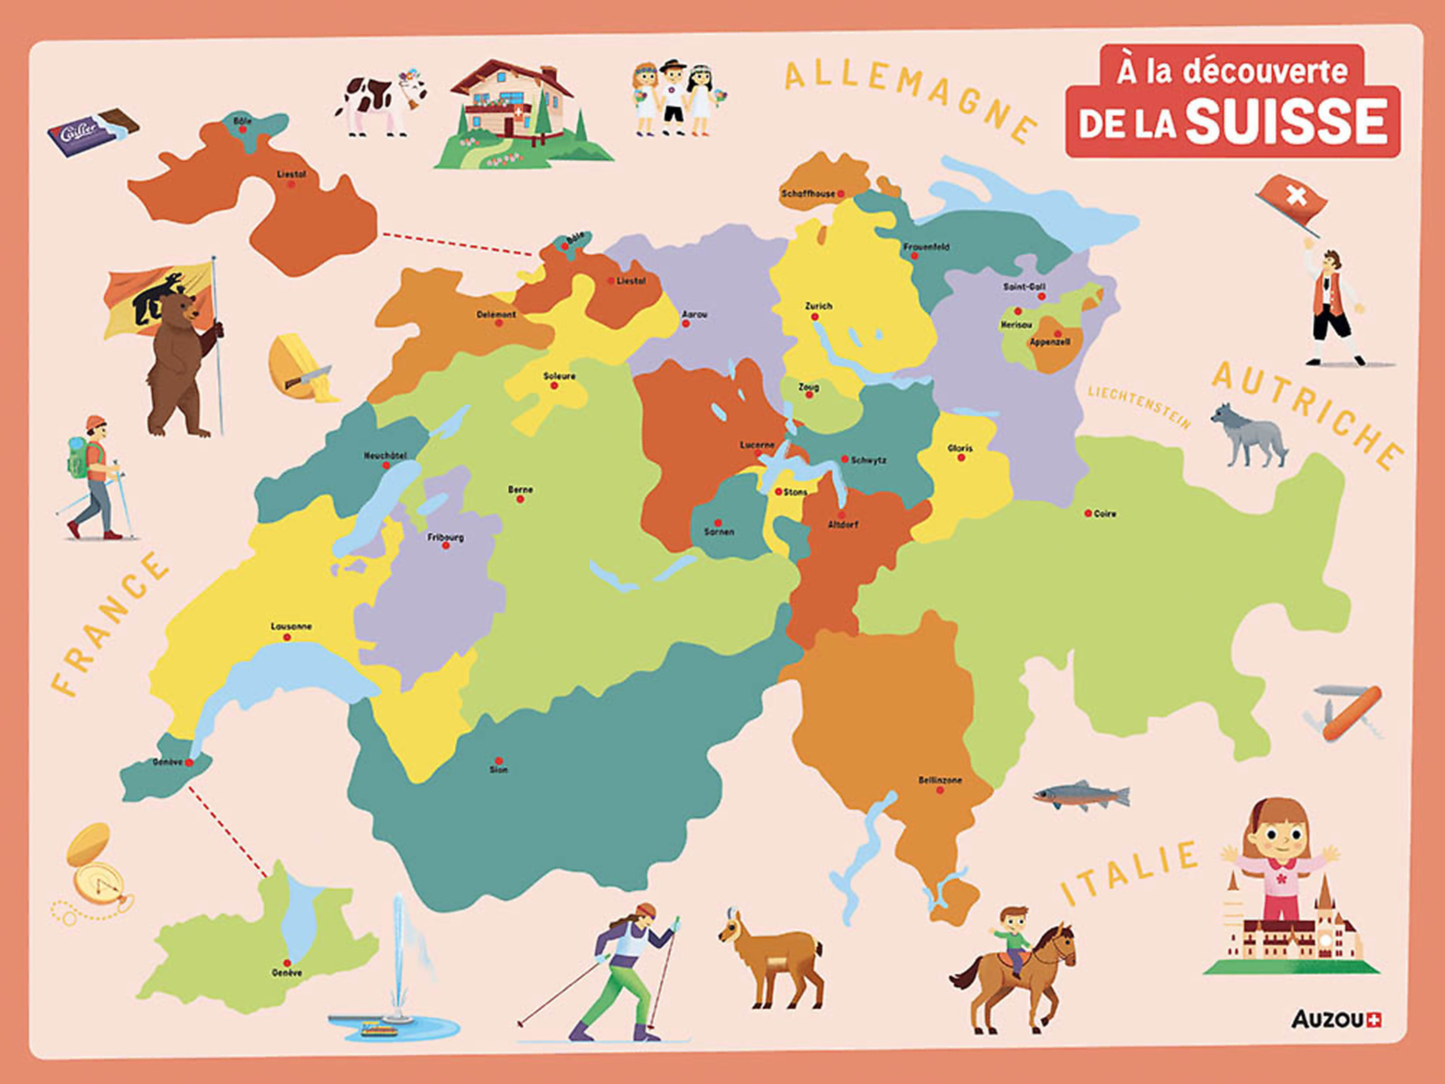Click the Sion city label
pyautogui.click(x=498, y=770)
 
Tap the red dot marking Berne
pyautogui.click(x=520, y=499)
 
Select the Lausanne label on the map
pyautogui.click(x=291, y=626)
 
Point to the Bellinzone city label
pyautogui.click(x=940, y=780)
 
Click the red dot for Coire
pyautogui.click(x=1088, y=513)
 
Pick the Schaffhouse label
pyautogui.click(x=808, y=194)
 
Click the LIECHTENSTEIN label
pyautogui.click(x=1139, y=406)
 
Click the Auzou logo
pyautogui.click(x=1337, y=1020)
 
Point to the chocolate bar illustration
pyautogui.click(x=93, y=131)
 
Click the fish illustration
pyautogui.click(x=1082, y=795)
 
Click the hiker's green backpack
pyautogui.click(x=78, y=458)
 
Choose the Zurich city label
pyautogui.click(x=818, y=306)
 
